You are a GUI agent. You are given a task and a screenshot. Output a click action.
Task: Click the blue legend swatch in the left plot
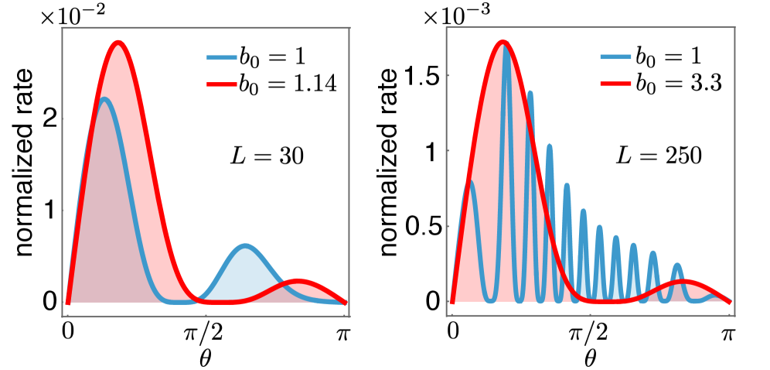[x=222, y=57]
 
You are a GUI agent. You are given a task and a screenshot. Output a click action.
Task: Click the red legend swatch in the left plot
[x=222, y=84]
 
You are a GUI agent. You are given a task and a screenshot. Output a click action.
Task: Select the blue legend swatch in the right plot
[x=615, y=57]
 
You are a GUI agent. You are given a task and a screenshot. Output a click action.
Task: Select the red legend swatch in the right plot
[x=615, y=84]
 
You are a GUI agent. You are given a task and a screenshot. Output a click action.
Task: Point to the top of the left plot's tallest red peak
[x=118, y=41]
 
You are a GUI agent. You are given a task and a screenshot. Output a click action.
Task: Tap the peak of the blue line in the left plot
[x=104, y=98]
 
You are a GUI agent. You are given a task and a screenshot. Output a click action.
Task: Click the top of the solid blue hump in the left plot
[x=245, y=244]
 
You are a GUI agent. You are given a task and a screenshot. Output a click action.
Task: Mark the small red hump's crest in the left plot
[x=297, y=279]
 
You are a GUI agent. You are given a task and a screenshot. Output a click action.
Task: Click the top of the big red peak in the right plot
[x=503, y=43]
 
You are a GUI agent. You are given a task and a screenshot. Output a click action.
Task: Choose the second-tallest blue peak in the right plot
[x=530, y=92]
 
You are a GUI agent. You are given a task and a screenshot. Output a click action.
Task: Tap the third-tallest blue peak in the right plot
[x=549, y=146]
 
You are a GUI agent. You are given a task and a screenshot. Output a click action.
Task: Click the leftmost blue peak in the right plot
[x=470, y=183]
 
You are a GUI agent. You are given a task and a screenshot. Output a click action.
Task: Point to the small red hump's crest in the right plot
[x=684, y=281]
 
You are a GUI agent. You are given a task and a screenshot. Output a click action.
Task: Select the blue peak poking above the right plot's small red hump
[x=677, y=265]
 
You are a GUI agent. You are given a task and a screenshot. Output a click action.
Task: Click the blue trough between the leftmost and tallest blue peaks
[x=490, y=300]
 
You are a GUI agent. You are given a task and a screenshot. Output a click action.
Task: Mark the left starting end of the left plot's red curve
[x=68, y=303]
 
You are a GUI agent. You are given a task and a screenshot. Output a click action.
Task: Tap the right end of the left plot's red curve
[x=345, y=303]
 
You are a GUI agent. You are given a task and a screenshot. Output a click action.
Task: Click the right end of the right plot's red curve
[x=729, y=302]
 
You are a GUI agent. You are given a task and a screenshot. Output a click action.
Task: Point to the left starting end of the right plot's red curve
[x=452, y=302]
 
